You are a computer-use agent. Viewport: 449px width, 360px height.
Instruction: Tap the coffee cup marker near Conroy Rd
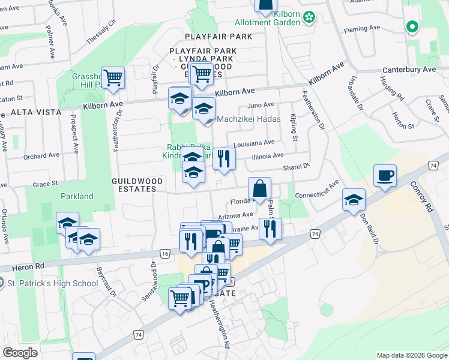(x=385, y=176)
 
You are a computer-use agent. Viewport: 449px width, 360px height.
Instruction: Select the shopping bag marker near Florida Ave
(x=259, y=189)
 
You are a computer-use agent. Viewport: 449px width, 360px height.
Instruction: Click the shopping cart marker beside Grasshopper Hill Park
(x=113, y=78)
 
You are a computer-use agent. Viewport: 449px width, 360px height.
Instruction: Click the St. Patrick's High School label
(x=52, y=283)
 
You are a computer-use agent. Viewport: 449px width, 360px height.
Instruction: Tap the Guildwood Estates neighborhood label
(x=134, y=185)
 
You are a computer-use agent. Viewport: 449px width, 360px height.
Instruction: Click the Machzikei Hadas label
(x=249, y=119)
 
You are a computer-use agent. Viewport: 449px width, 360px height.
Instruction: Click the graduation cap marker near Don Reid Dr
(x=354, y=200)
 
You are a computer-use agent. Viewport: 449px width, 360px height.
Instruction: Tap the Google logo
(x=20, y=353)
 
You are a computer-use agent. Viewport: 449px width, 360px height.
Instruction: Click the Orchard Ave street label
(x=42, y=156)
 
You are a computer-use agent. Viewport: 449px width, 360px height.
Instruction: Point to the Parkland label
(x=77, y=196)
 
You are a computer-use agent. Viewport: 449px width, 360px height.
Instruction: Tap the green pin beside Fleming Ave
(x=412, y=26)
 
